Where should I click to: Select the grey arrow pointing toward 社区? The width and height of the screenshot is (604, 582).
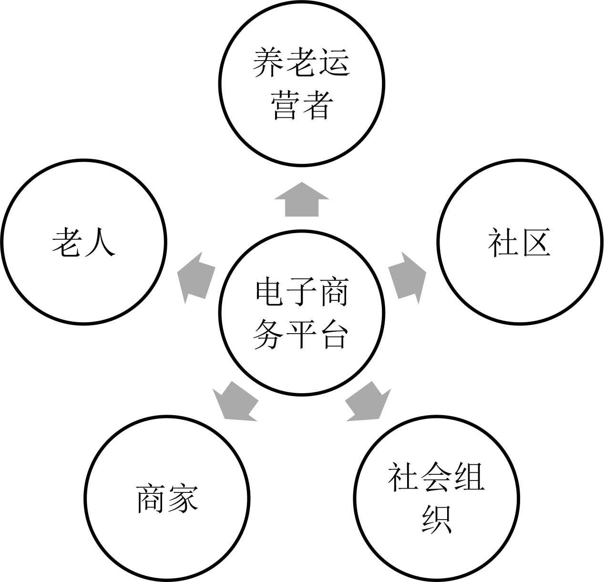click(407, 278)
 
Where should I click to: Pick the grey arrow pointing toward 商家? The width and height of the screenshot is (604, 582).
click(235, 402)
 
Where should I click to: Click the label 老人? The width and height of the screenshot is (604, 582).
click(84, 242)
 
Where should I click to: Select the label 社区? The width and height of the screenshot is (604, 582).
click(519, 242)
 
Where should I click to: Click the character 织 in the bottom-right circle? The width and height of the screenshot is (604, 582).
click(436, 519)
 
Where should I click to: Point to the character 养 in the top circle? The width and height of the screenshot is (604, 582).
click(268, 62)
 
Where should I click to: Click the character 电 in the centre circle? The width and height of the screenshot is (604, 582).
click(270, 292)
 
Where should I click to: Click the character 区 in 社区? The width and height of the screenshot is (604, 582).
click(534, 242)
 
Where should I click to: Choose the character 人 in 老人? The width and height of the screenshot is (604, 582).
click(100, 242)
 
